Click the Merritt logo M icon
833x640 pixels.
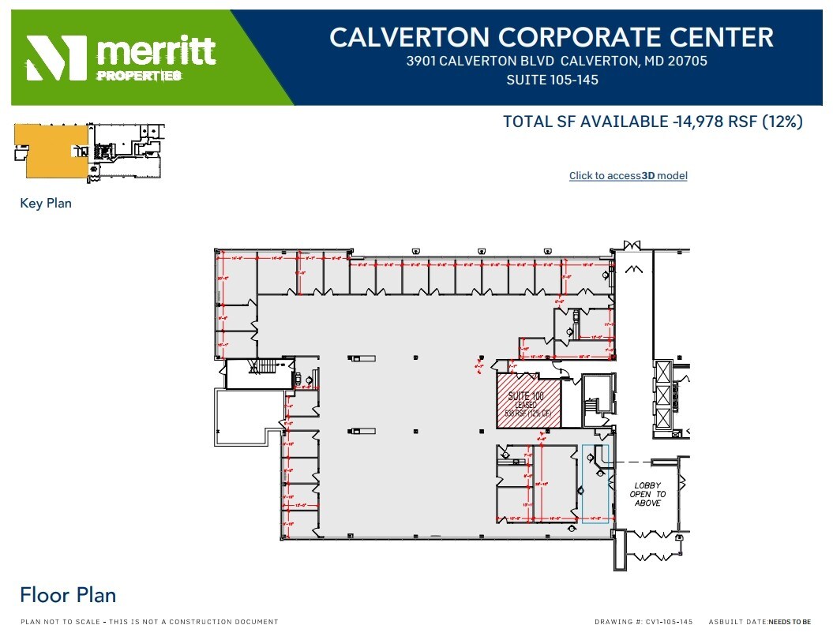tap(56, 58)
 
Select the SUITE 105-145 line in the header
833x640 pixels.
tap(552, 80)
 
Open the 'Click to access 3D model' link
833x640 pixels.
tap(628, 176)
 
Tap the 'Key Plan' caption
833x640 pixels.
tap(46, 204)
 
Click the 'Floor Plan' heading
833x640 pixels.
tap(68, 595)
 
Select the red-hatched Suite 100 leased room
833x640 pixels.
tap(527, 400)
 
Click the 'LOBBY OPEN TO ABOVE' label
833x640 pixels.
tap(647, 494)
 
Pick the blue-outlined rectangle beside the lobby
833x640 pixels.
tap(595, 484)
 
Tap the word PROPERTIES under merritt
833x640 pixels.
tap(138, 76)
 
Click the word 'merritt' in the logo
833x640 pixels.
tap(156, 51)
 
